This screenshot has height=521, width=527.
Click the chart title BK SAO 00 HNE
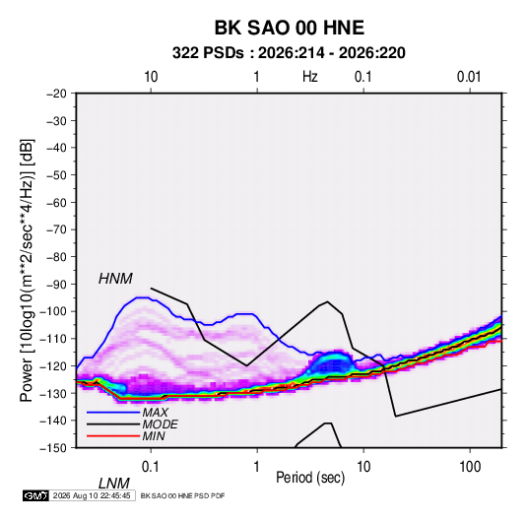(x=290, y=28)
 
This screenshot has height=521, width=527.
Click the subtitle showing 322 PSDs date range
(x=289, y=53)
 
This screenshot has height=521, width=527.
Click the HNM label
(x=115, y=279)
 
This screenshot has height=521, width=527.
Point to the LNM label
(x=114, y=484)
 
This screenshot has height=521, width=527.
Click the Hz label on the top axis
(x=310, y=77)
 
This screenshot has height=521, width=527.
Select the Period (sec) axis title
(x=310, y=478)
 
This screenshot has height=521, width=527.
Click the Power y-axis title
(x=27, y=270)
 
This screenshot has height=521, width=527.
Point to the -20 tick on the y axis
(x=56, y=94)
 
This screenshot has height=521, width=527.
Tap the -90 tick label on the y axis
(x=56, y=285)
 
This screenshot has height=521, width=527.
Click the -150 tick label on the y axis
(x=53, y=448)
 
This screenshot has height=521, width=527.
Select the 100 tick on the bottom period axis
(x=470, y=467)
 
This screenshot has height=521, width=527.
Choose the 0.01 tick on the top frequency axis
(x=469, y=77)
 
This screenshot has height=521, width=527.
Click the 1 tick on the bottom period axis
(x=257, y=467)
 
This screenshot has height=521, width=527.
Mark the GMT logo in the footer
(x=36, y=495)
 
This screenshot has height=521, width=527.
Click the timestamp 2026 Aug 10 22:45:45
(x=92, y=495)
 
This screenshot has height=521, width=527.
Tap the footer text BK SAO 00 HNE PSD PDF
(x=182, y=495)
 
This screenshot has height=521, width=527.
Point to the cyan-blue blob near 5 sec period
(x=332, y=363)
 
